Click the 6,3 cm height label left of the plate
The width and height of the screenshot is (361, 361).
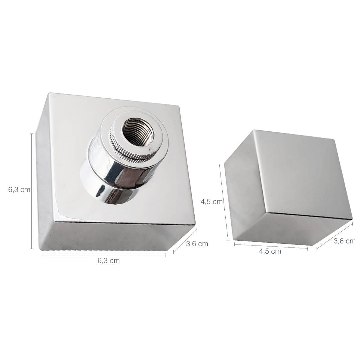click(x=19, y=190)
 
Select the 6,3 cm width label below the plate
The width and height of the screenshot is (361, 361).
click(x=109, y=261)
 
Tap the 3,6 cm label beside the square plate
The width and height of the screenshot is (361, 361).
click(x=197, y=244)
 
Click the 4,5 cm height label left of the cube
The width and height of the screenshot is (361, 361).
click(x=211, y=202)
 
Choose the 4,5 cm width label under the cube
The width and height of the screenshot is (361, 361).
click(x=270, y=251)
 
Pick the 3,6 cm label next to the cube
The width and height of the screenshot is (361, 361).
click(x=344, y=241)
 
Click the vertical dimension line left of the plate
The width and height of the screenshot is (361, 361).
click(x=32, y=191)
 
